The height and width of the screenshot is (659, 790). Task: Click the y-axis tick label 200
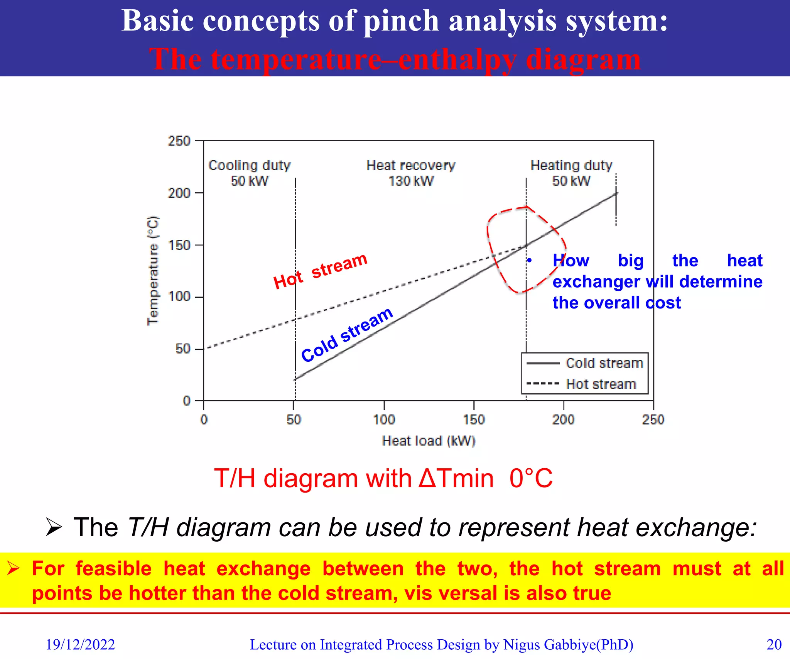tap(179, 193)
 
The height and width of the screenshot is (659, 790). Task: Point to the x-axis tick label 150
tap(474, 420)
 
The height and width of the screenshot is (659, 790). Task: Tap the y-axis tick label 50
tap(183, 349)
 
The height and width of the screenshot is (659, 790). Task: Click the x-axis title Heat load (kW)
tap(429, 441)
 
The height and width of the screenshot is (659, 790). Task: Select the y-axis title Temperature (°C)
tap(153, 271)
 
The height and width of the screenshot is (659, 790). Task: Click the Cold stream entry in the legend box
tap(604, 363)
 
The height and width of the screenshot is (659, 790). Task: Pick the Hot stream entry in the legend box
tap(601, 384)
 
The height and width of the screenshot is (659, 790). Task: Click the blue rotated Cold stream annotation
tap(346, 335)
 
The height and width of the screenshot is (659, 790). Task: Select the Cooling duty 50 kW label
tap(249, 173)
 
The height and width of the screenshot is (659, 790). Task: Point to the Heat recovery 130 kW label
tap(411, 173)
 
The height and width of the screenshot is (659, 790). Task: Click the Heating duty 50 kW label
tap(571, 173)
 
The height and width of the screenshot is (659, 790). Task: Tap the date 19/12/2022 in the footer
tap(80, 645)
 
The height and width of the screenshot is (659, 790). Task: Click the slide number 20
tap(774, 645)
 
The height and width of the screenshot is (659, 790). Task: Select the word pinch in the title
tap(401, 21)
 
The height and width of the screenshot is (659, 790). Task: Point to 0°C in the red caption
tap(531, 479)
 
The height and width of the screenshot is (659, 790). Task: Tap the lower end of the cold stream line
tap(295, 379)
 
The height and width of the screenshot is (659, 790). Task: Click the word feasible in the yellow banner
tap(113, 569)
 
